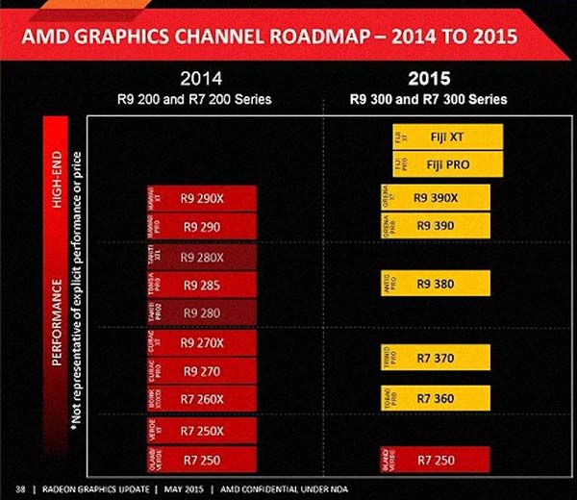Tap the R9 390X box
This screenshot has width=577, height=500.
pyautogui.click(x=437, y=198)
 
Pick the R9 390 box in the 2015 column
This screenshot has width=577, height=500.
pyautogui.click(x=437, y=224)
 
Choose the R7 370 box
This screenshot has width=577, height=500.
pyautogui.click(x=437, y=357)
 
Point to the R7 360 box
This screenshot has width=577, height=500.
pyautogui.click(x=437, y=396)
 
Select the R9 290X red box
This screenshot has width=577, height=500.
pyautogui.click(x=202, y=199)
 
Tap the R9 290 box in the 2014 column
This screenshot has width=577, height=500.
pyautogui.click(x=202, y=227)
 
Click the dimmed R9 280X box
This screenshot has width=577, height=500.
pyautogui.click(x=202, y=257)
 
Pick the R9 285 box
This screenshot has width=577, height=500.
pyautogui.click(x=202, y=285)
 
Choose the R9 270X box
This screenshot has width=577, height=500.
pyautogui.click(x=202, y=343)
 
